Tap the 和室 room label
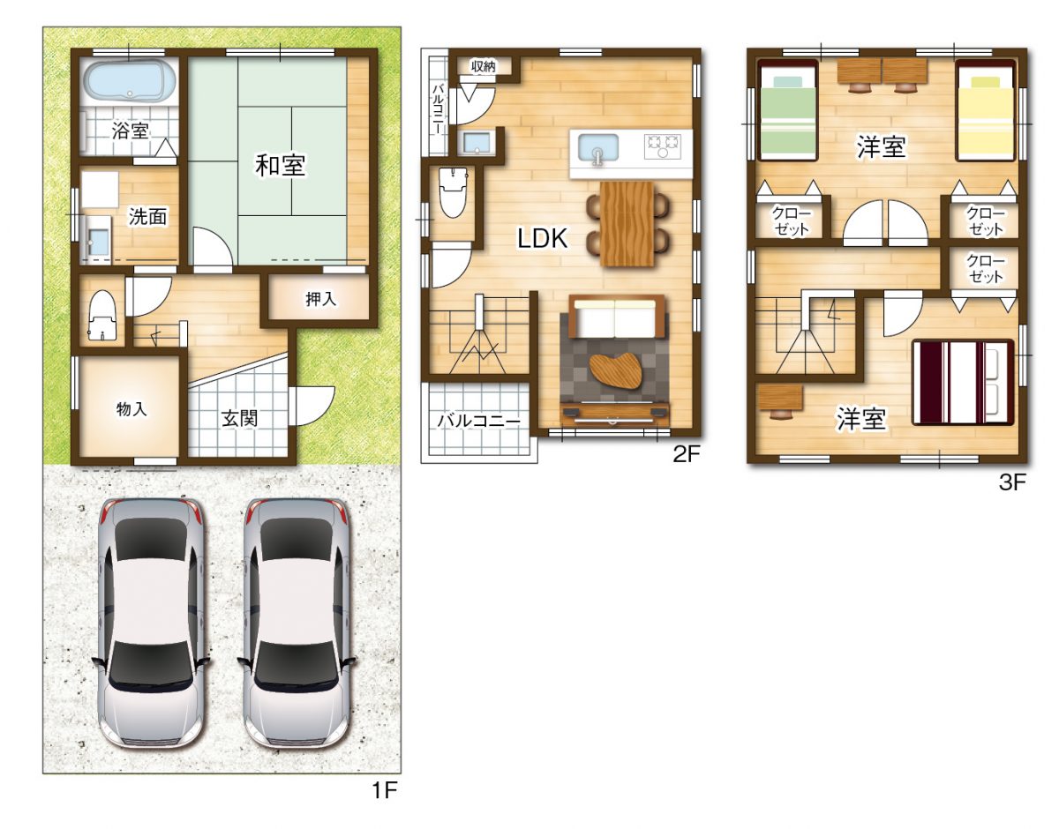281,166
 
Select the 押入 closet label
321,299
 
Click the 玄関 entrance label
239,418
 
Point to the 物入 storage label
131,409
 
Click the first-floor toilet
103,315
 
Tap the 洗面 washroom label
147,216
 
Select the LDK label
543,238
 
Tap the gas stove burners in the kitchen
663,146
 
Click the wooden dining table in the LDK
627,224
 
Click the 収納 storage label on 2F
483,67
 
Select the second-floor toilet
453,191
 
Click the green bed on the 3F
787,110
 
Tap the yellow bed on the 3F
986,110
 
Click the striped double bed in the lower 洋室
964,383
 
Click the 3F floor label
1012,482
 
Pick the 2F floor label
687,455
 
